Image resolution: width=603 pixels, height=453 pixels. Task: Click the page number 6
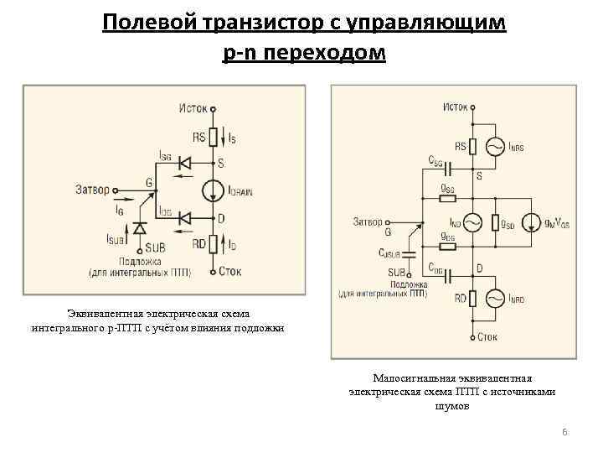pyautogui.click(x=564, y=432)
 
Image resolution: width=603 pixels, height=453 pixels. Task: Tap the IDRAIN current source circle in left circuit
pyautogui.click(x=214, y=190)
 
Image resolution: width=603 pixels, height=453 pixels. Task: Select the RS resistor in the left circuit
pyautogui.click(x=214, y=136)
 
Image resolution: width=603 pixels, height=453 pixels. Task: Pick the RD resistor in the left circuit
pyautogui.click(x=214, y=245)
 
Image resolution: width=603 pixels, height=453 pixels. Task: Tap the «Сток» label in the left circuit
pyautogui.click(x=231, y=272)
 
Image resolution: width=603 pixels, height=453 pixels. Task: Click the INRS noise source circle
pyautogui.click(x=493, y=147)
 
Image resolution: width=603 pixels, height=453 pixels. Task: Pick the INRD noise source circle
pyautogui.click(x=493, y=298)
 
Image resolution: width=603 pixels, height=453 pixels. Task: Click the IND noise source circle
pyautogui.click(x=472, y=223)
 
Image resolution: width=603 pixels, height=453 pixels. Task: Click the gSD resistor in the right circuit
pyautogui.click(x=497, y=223)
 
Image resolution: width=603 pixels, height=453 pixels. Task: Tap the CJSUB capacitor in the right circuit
pyautogui.click(x=409, y=253)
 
